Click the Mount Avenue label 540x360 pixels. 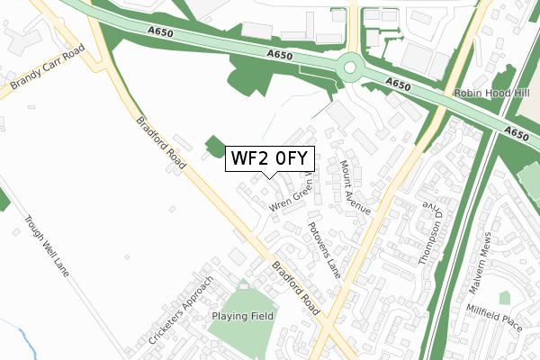[355, 186]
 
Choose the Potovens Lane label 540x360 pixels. [324, 249]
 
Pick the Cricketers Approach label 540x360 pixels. [182, 314]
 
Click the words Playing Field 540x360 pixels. [242, 317]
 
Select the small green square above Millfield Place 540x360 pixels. [504, 297]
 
